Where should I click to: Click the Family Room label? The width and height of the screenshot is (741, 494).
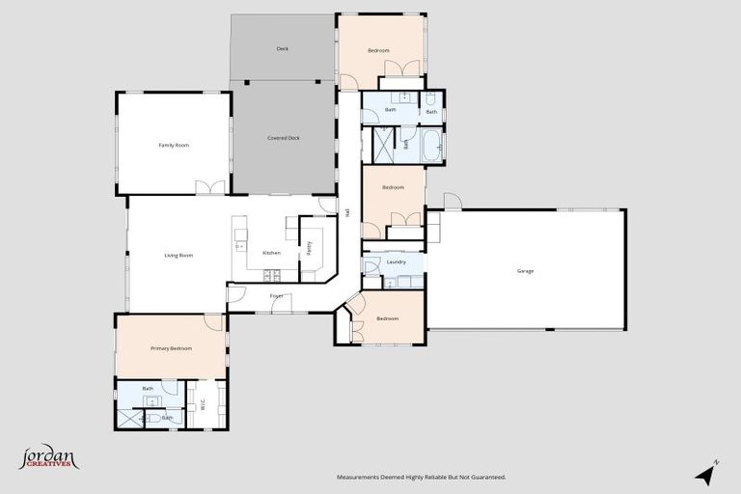click(x=174, y=145)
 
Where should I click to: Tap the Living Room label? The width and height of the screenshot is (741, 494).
click(x=178, y=256)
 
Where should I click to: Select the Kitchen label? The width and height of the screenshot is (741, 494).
click(x=272, y=253)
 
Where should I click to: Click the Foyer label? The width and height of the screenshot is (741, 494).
click(x=276, y=297)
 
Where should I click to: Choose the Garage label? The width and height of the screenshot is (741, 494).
click(x=525, y=271)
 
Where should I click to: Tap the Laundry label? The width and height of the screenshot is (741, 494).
click(x=396, y=261)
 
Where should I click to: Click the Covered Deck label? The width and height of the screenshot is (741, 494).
click(x=284, y=138)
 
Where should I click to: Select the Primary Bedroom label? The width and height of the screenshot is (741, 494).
click(x=171, y=348)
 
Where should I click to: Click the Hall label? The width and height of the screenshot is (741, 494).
click(x=346, y=213)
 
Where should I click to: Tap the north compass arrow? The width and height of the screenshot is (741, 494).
click(x=706, y=474)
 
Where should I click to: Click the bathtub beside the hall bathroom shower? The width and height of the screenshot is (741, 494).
click(x=430, y=147)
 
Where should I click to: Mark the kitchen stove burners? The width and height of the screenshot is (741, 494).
click(x=272, y=276)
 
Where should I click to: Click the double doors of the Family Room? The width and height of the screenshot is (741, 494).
click(x=210, y=187)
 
